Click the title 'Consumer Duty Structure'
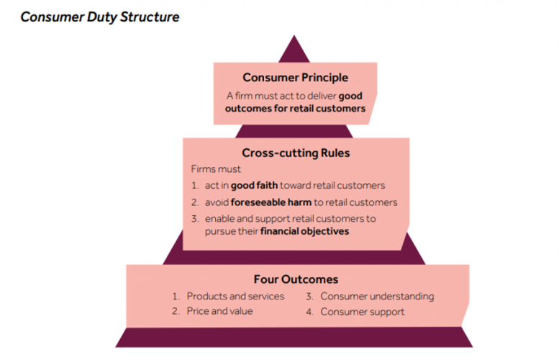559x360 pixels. click(x=99, y=16)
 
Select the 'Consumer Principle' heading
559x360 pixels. click(x=295, y=78)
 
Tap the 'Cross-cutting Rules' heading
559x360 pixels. click(x=295, y=153)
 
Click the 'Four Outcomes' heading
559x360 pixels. click(x=296, y=279)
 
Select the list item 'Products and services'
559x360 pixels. click(x=235, y=296)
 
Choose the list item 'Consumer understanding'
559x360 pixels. click(x=377, y=296)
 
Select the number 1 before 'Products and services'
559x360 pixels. click(x=176, y=296)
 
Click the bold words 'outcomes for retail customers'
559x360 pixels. click(x=296, y=109)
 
